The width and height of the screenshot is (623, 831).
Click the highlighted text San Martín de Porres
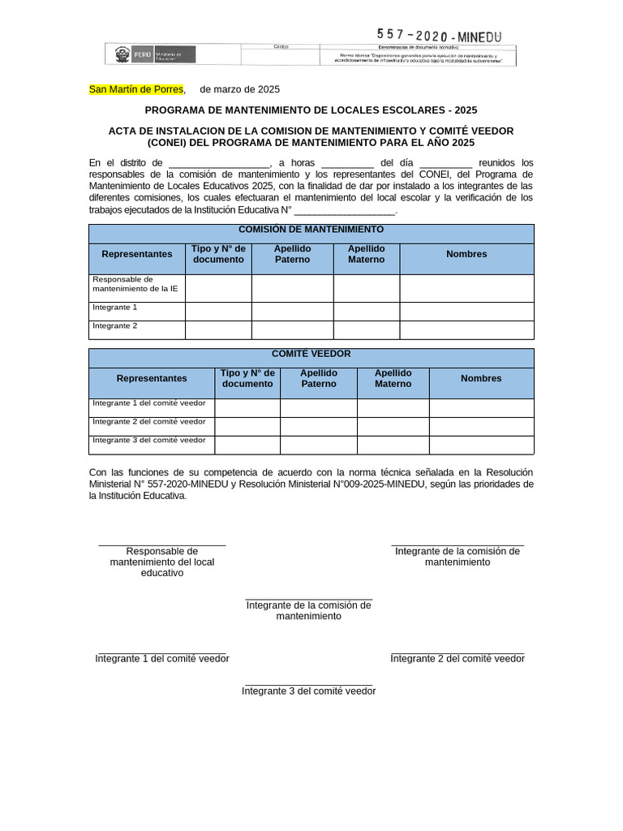tap(136, 89)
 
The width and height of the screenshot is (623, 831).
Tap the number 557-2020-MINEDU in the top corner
tap(439, 36)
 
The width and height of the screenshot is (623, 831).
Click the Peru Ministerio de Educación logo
tap(152, 55)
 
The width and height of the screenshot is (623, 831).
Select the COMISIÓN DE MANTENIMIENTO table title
tap(311, 230)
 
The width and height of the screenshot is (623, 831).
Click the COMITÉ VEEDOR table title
tap(311, 354)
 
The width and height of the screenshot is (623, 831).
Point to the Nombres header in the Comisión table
tap(466, 254)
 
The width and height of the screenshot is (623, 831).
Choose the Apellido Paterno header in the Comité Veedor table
tap(318, 378)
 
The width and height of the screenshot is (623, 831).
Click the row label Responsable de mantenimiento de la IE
tap(136, 284)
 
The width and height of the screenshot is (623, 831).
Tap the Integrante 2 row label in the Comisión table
tap(115, 325)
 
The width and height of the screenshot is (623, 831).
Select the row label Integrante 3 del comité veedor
tap(149, 440)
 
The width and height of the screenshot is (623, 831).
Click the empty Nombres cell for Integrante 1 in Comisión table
tap(466, 311)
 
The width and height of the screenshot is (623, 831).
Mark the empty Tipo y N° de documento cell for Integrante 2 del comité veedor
tap(247, 426)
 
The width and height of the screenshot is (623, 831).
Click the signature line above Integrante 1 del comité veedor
tap(161, 651)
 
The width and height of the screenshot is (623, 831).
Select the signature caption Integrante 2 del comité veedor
tap(458, 658)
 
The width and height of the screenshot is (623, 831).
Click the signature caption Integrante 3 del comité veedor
tap(308, 691)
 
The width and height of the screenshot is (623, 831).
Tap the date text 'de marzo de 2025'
tap(239, 89)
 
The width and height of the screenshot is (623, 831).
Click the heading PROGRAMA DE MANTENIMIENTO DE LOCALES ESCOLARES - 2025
tap(311, 110)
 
